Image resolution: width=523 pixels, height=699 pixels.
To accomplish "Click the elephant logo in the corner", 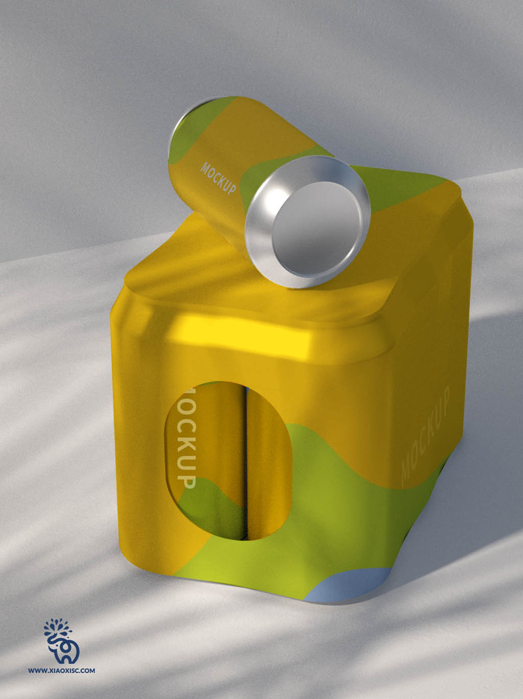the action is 62,642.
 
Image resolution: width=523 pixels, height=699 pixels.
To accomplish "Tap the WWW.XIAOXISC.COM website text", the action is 61,670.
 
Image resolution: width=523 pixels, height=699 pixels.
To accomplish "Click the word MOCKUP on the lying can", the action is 218,178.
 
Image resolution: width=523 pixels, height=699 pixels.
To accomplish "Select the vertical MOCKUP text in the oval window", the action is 186,438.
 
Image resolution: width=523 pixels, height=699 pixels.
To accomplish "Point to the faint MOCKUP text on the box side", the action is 425,437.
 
